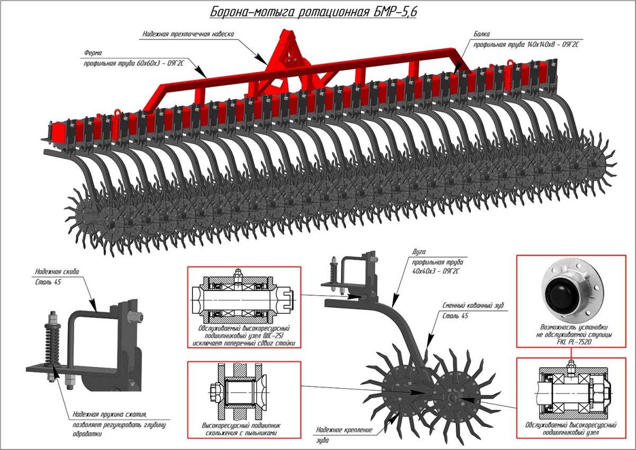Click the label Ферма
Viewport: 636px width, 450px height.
click(x=92, y=53)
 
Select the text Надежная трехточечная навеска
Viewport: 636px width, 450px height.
click(x=188, y=34)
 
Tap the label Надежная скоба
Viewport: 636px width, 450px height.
click(x=57, y=271)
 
